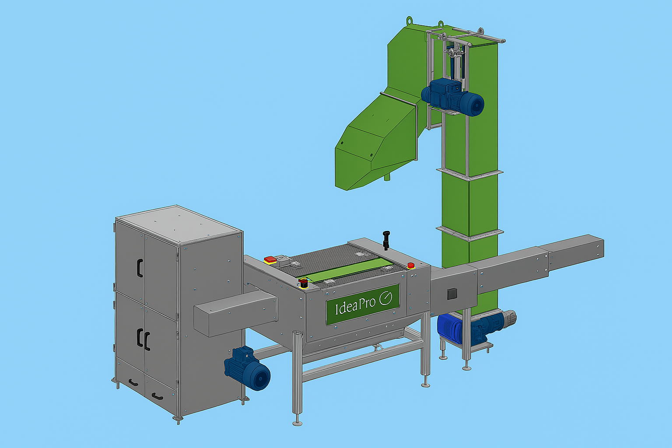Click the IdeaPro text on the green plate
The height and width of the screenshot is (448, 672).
355,305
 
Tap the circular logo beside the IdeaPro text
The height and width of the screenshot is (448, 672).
385,298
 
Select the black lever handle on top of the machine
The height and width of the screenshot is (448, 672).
386,240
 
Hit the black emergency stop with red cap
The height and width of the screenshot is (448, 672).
304,283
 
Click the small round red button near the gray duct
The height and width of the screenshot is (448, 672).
411,265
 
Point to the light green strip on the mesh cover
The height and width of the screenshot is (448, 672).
345,272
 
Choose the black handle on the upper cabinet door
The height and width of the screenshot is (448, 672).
140,268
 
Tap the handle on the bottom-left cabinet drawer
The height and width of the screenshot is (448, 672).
133,382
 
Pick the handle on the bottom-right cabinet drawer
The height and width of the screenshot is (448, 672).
157,396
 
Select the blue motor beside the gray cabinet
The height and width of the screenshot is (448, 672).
247,368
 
